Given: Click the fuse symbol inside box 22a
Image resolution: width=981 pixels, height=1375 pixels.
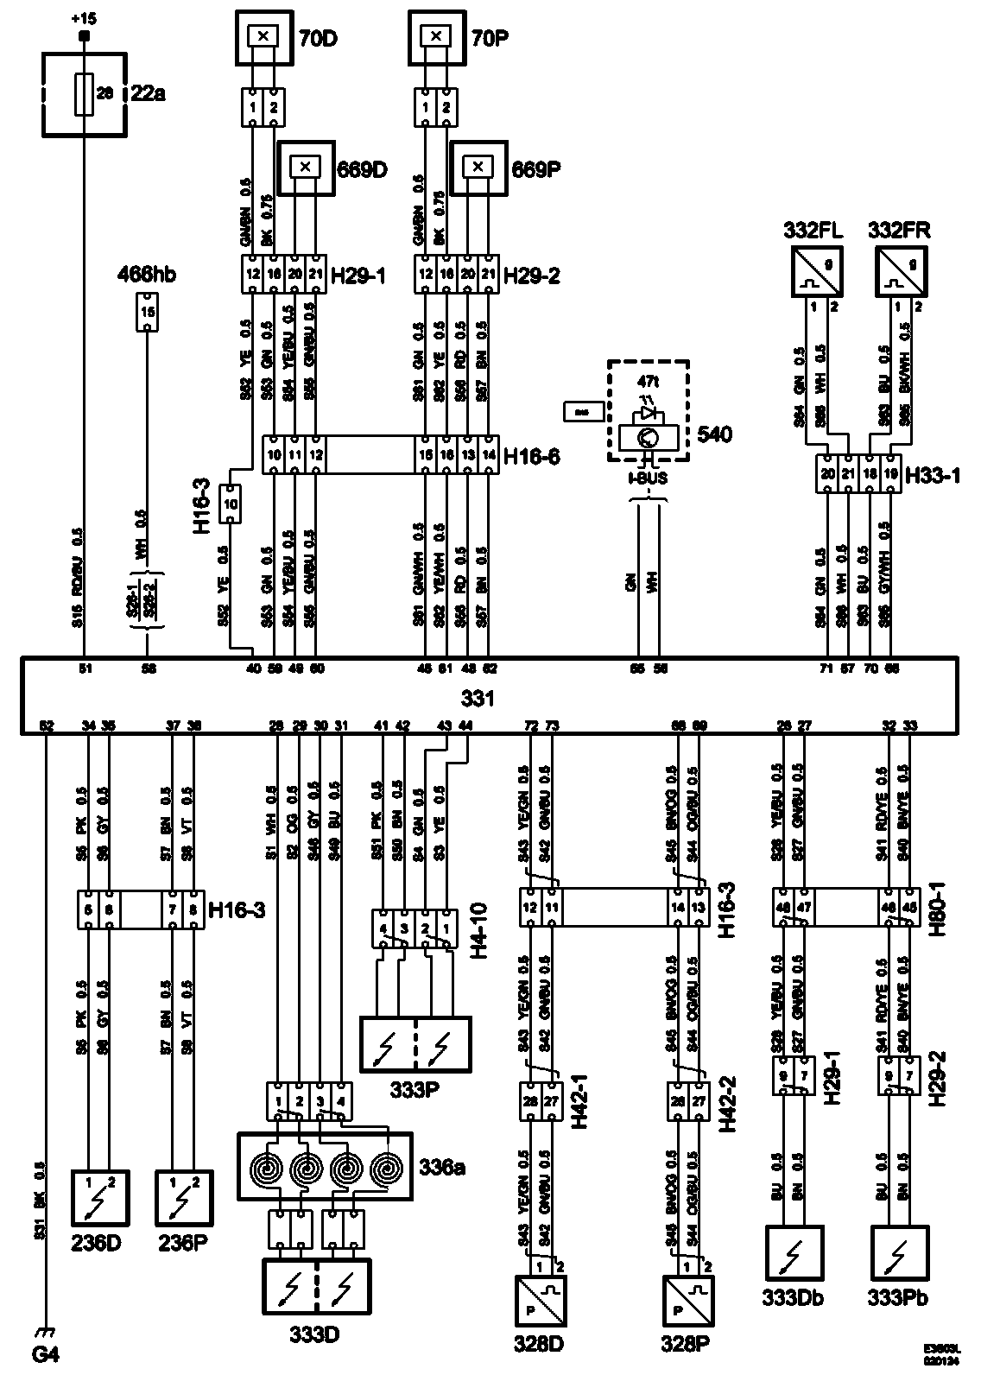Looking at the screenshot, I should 84,93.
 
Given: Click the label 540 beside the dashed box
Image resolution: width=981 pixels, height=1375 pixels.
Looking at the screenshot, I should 714,434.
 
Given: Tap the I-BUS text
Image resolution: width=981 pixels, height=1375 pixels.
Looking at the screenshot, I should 647,477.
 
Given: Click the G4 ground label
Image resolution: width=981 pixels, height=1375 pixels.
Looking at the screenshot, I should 47,1357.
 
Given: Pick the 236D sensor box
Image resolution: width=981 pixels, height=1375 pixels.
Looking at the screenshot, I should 101,1198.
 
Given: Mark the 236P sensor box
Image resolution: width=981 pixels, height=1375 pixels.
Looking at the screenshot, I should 185,1198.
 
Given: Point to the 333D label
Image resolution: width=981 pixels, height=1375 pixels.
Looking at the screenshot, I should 316,1335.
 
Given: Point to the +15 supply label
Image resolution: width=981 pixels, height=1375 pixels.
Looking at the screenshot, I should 84,18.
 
